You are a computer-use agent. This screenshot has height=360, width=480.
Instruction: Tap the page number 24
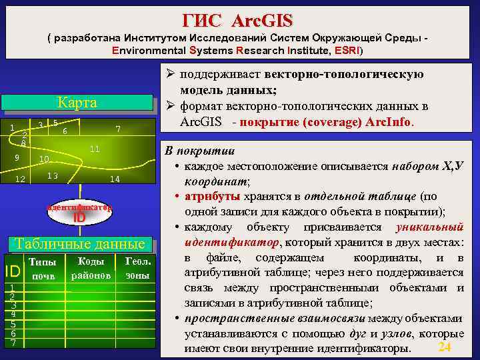[445, 347]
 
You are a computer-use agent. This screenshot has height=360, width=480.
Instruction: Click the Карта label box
[77, 103]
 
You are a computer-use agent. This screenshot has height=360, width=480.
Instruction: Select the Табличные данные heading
[79, 243]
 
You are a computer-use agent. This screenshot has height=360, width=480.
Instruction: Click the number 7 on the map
[117, 129]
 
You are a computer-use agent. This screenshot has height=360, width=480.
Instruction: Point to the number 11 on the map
[95, 148]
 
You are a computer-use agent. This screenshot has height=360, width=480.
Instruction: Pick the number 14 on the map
[115, 179]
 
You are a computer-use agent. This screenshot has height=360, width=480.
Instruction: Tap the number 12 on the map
[21, 179]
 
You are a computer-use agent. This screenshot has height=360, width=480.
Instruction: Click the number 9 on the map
[17, 157]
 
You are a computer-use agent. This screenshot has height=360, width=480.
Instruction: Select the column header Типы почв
[43, 269]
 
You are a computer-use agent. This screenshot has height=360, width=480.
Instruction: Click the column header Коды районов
[90, 268]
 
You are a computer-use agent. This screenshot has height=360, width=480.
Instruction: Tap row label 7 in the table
[12, 342]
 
